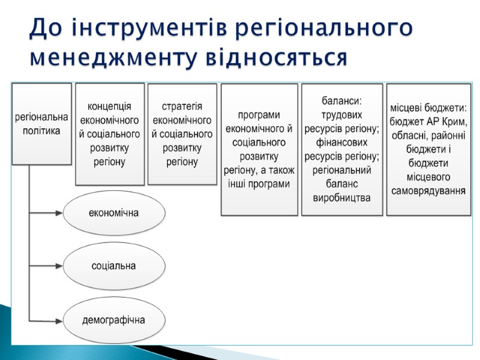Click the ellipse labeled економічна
pos(113,212)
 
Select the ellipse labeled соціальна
pos(113,266)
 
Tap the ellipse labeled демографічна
pos(113,319)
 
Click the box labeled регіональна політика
pos(41,124)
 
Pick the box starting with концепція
pos(110,134)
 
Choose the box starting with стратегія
pos(182,133)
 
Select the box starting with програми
pos(259,149)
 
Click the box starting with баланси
pos(341,149)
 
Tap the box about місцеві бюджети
pos(428,149)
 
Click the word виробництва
pos(341,198)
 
